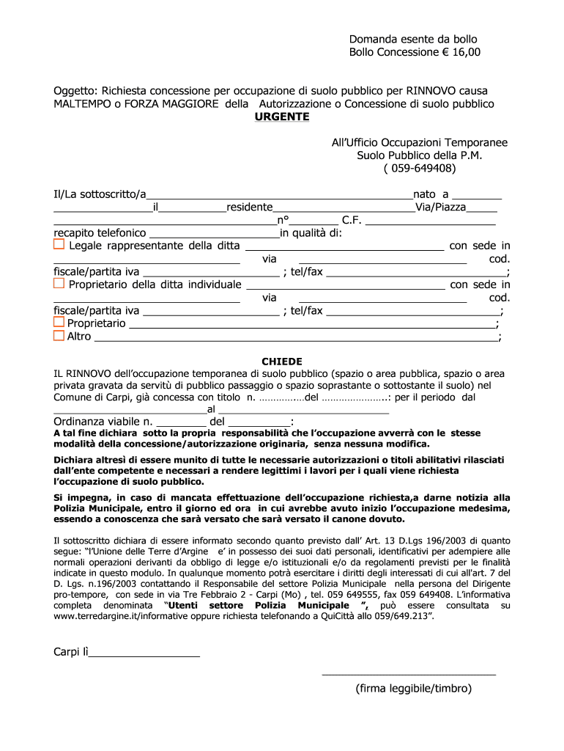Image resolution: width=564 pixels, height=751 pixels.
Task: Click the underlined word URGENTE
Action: pos(282,117)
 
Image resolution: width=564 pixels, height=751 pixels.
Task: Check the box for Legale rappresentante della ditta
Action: pos(59,245)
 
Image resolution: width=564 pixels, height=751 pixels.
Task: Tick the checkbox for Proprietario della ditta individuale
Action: pos(59,284)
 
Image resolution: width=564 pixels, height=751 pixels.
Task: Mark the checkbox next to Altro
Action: pos(59,336)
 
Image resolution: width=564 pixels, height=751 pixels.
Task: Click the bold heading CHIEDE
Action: pos(282,362)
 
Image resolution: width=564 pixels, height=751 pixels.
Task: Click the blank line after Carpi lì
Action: pos(144,652)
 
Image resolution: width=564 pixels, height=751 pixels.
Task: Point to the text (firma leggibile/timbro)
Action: pos(414,689)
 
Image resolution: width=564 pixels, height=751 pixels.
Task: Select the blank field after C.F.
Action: pos(430,220)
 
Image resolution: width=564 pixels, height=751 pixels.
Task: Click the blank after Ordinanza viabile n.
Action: pos(181,422)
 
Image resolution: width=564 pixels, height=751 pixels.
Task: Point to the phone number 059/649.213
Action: pos(396,618)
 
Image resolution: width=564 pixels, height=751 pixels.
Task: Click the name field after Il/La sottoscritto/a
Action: pos(279,194)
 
